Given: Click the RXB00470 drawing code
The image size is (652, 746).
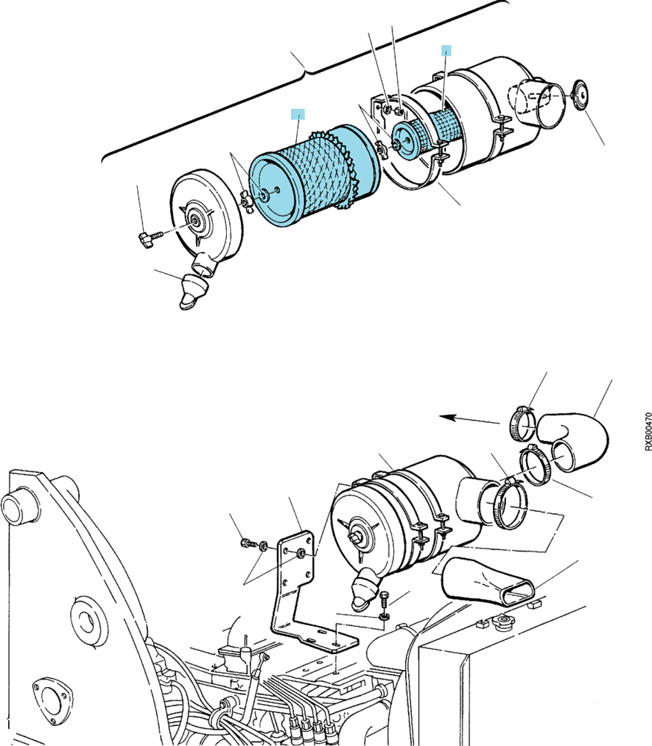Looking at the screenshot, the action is tap(648, 431).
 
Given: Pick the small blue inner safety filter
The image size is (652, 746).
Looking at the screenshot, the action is tap(427, 134).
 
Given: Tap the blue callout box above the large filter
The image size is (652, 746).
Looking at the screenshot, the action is tap(298, 114).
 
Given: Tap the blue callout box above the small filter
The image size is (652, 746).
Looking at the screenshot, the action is tap(446, 51).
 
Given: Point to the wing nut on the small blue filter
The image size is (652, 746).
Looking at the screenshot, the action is tap(382, 149).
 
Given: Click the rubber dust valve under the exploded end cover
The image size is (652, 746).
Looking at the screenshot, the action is tap(192, 291).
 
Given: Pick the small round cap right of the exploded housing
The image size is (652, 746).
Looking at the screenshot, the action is tap(581, 95).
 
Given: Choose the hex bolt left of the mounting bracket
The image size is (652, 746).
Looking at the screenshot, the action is tap(248, 543).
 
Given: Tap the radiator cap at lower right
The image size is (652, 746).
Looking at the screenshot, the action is tap(501, 621).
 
